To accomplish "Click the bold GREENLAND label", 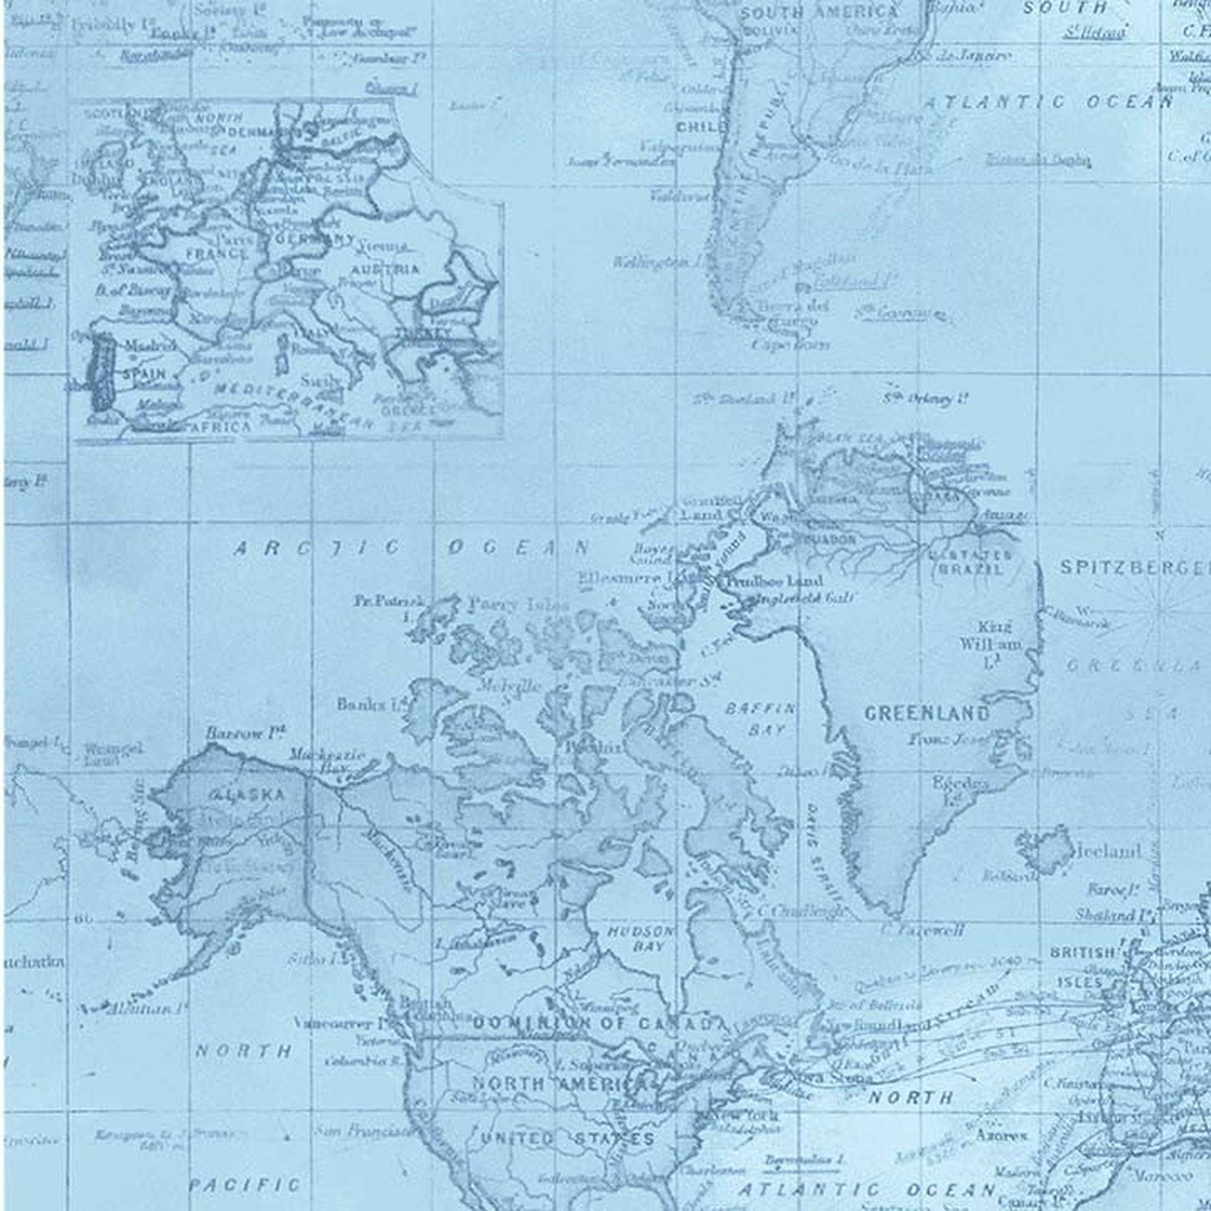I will [927, 713].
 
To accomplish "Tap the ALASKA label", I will [246, 795].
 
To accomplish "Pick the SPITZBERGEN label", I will [1134, 568].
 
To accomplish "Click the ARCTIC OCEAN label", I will [411, 548].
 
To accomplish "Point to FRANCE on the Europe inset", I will [217, 253].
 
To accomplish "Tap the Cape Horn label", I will [790, 344].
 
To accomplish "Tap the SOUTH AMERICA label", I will [818, 11].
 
